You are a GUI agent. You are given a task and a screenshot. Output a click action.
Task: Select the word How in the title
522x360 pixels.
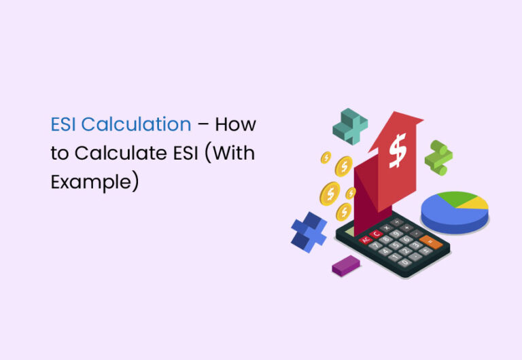pyautogui.click(x=239, y=125)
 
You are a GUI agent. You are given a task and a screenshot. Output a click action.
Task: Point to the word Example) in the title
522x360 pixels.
pyautogui.click(x=94, y=182)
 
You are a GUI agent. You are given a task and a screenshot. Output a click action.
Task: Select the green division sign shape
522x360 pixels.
pyautogui.click(x=438, y=157)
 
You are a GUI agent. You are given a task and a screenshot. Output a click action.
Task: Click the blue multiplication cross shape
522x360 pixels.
pyautogui.click(x=309, y=231)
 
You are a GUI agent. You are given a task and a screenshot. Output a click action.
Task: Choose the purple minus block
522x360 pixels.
pyautogui.click(x=346, y=266)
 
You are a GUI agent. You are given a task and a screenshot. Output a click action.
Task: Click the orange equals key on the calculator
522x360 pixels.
pyautogui.click(x=430, y=240)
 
